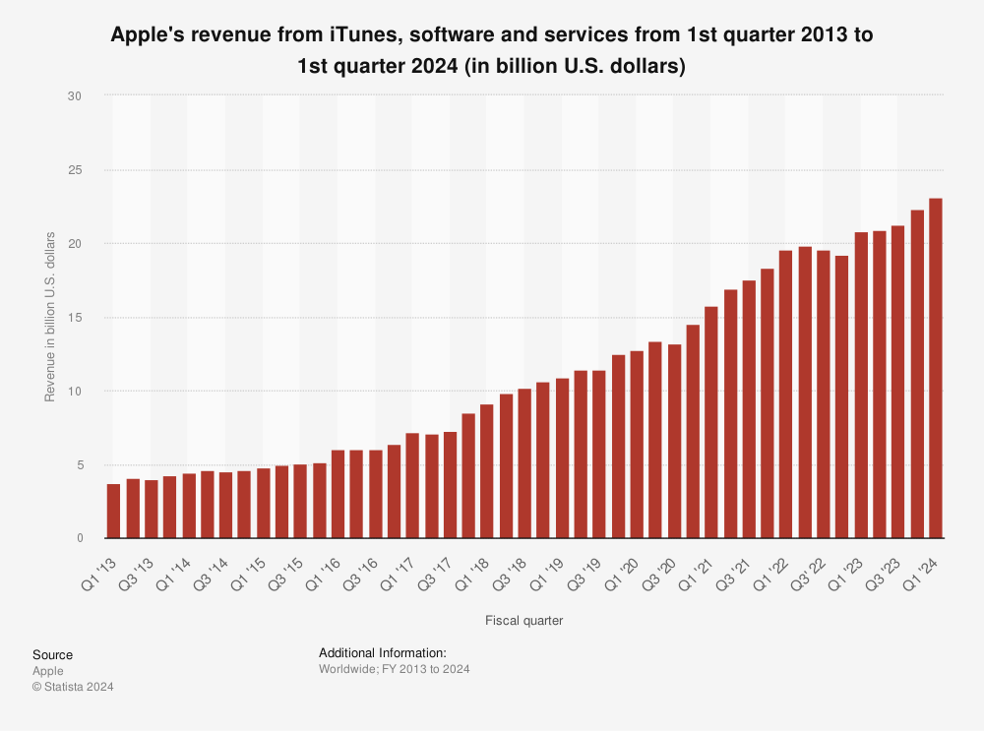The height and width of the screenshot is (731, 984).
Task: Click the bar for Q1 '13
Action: point(113,511)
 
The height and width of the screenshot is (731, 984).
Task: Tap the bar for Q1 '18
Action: point(486,471)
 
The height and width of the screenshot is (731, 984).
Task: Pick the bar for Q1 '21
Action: point(710,422)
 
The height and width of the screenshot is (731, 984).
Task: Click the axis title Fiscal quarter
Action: point(523,621)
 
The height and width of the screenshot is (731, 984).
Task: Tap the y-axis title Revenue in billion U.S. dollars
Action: point(50,317)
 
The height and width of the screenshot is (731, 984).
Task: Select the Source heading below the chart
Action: point(52,655)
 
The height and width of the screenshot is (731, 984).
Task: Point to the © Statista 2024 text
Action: point(73,687)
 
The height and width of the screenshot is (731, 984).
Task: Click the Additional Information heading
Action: point(383,652)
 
